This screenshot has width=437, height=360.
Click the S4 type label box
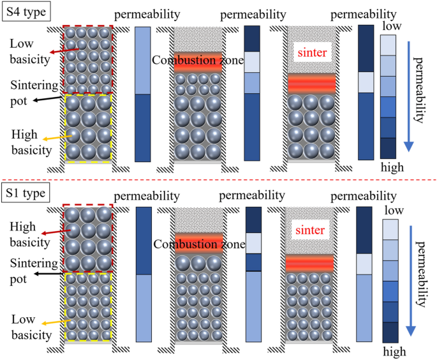(26, 11)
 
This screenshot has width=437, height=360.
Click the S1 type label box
(26, 192)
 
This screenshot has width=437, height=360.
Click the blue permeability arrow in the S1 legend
(410, 281)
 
